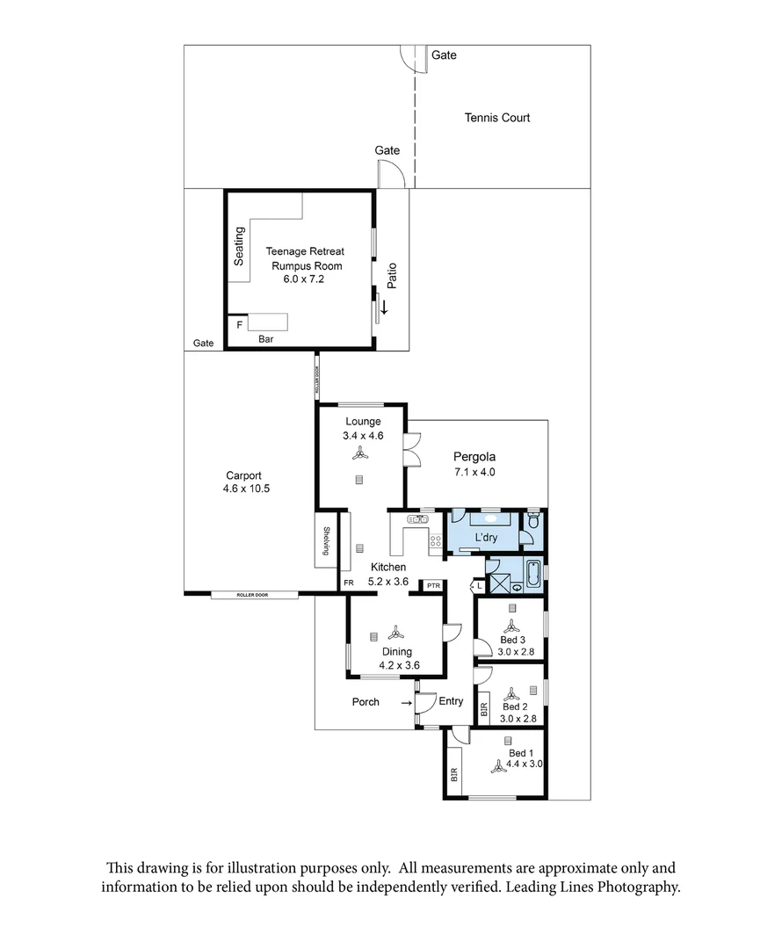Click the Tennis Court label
(x=496, y=118)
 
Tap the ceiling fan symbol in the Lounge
(x=358, y=453)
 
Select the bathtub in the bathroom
(x=532, y=573)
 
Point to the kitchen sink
(x=416, y=520)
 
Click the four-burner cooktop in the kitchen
(x=434, y=542)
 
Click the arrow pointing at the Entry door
(x=407, y=703)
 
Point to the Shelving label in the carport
(x=326, y=540)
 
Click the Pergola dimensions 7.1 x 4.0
(x=474, y=472)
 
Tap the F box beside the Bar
(x=238, y=324)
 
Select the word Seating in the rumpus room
(x=239, y=246)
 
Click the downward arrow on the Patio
(x=384, y=308)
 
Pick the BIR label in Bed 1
(x=455, y=774)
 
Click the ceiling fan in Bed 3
(x=510, y=627)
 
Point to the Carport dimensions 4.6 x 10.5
(x=247, y=489)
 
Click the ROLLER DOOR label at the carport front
(x=252, y=595)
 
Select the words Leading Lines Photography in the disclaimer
(x=592, y=887)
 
